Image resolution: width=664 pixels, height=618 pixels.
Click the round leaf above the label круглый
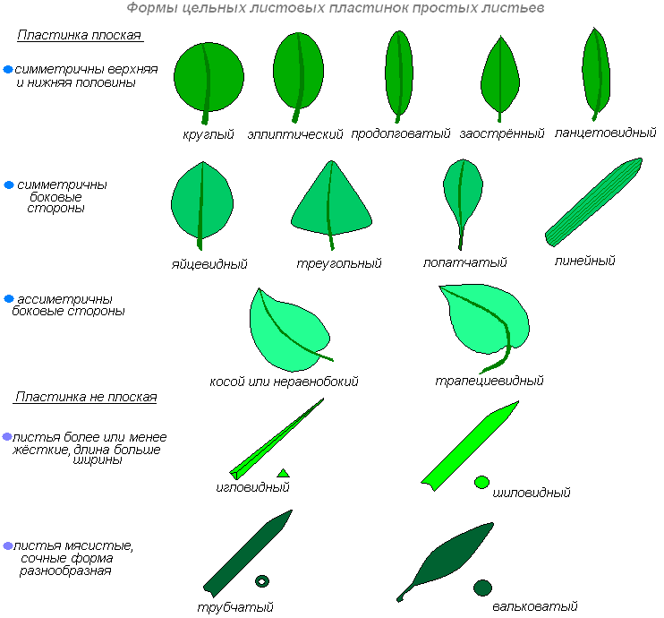[x=209, y=76]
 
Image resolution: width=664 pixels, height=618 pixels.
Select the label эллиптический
[x=295, y=134]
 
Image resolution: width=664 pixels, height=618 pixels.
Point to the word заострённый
[x=502, y=134]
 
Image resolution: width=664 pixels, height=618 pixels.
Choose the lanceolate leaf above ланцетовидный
[x=595, y=72]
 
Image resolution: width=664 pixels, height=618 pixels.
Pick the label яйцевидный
[x=209, y=264]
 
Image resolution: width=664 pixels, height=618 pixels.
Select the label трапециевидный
[x=489, y=381]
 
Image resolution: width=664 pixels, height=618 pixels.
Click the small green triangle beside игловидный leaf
[x=283, y=472]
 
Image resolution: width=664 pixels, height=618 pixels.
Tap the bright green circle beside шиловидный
[x=481, y=483]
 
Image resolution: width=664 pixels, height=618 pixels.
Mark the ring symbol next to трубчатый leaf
[x=261, y=581]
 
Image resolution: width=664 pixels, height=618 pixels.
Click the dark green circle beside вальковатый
[x=482, y=588]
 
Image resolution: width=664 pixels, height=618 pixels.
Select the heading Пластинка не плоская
[x=86, y=397]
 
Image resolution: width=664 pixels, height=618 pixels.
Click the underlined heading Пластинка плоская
[x=79, y=35]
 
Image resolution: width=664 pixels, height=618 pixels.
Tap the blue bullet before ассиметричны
[x=9, y=298]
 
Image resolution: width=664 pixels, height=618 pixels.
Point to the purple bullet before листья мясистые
[x=7, y=545]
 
